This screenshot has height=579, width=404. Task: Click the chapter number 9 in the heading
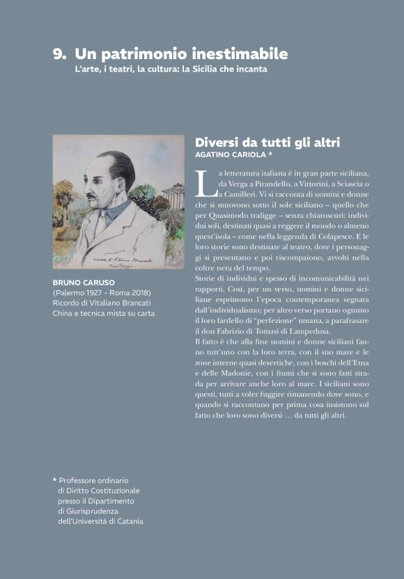click(59, 54)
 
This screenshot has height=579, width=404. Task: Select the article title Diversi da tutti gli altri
click(267, 142)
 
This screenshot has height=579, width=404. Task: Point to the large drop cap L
click(204, 182)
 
